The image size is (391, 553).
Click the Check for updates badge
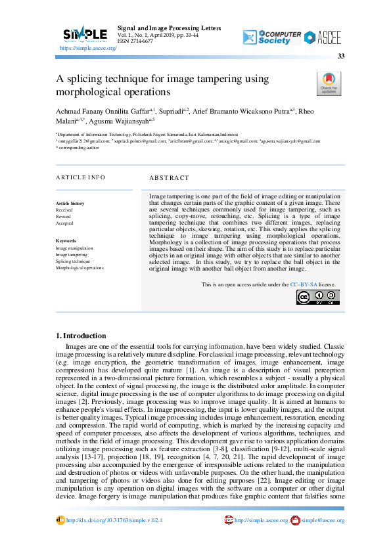[329, 84]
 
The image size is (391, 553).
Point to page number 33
[341, 57]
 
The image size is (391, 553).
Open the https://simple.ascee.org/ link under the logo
[88, 49]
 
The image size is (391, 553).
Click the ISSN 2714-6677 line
[135, 41]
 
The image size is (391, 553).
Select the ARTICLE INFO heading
[80, 177]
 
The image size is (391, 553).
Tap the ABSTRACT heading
[169, 177]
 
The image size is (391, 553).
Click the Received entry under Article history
[64, 210]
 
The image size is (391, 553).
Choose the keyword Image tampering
[71, 255]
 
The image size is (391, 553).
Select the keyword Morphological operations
[80, 268]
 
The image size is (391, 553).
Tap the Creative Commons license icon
[317, 297]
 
